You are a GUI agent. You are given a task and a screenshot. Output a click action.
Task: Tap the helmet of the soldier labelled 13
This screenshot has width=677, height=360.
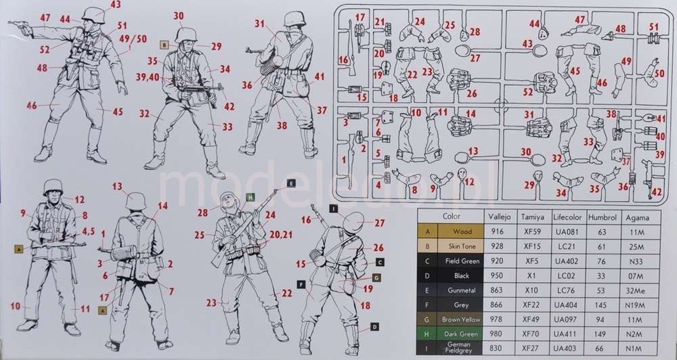(x=136, y=200)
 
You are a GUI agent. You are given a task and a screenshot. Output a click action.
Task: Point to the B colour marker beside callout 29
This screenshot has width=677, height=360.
(x=163, y=45)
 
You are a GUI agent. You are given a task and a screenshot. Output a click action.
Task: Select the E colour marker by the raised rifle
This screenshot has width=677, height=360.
(x=290, y=183)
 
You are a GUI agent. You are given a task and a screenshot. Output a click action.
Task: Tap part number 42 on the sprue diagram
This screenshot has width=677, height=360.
(x=656, y=192)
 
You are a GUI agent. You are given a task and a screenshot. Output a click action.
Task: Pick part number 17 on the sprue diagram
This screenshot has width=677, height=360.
(x=359, y=17)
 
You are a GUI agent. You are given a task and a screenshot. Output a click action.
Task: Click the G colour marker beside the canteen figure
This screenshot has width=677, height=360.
(x=377, y=277)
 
